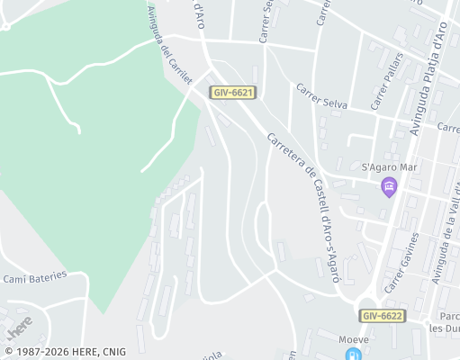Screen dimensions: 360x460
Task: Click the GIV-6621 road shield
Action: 233,93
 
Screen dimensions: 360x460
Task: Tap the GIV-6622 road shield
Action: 383,316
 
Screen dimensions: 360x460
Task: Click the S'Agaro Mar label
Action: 389,167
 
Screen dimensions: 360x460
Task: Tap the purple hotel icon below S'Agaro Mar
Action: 389,187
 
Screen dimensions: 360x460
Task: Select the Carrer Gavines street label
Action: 401,262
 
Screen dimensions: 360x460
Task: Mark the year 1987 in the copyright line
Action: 29,352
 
